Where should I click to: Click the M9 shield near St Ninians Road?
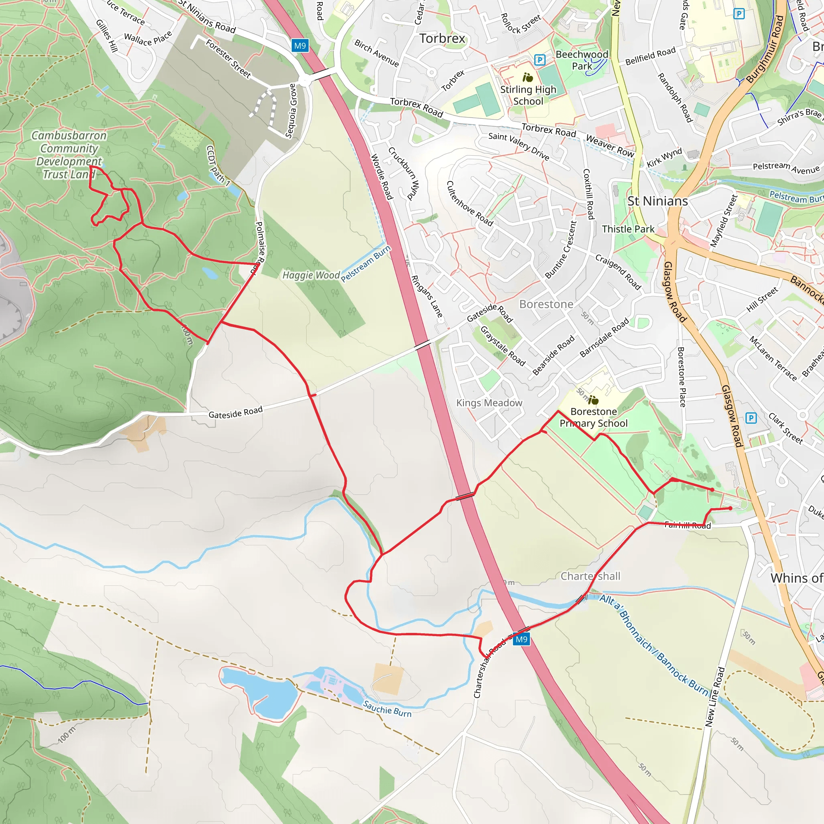[x=300, y=45]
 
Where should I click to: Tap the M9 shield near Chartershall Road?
[x=521, y=639]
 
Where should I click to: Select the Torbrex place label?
[x=442, y=38]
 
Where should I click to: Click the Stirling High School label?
[x=528, y=95]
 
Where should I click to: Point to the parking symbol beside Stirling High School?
[x=540, y=60]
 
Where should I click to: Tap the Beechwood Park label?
[x=582, y=60]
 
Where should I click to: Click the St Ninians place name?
[x=657, y=201]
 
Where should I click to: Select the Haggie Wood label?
[x=311, y=275]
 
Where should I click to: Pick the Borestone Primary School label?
[x=593, y=417]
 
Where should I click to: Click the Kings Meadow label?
[x=489, y=403]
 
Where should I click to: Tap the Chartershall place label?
[x=590, y=576]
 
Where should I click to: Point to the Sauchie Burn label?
[x=387, y=709]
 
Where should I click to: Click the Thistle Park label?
[x=628, y=229]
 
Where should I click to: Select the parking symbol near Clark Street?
[x=751, y=418]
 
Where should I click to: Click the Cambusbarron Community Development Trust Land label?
[x=69, y=155]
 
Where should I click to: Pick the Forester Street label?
[x=228, y=58]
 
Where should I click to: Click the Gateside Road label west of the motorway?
[x=235, y=412]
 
